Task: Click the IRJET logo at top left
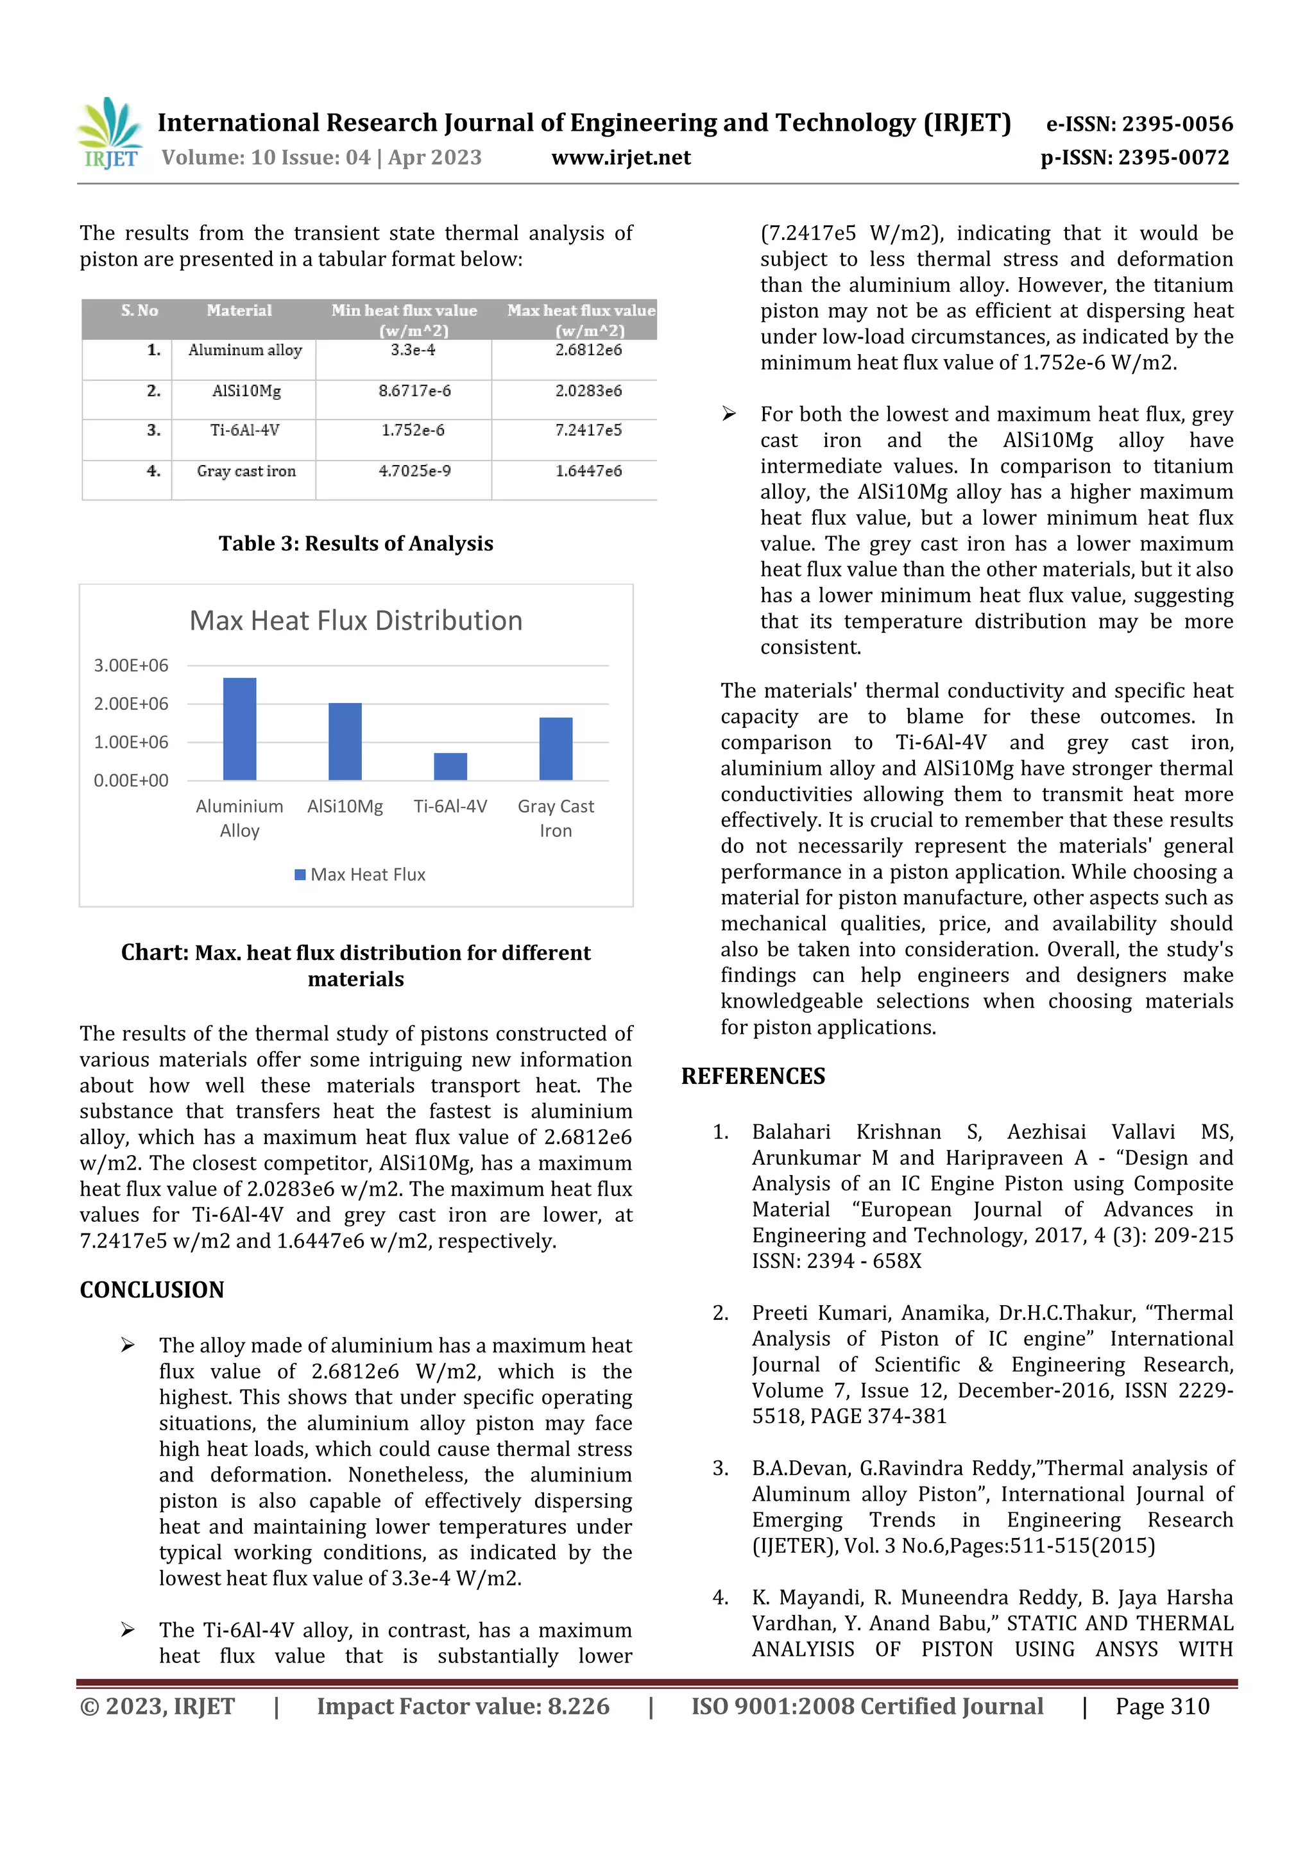(111, 133)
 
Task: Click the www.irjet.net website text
(621, 158)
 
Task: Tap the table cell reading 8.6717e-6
(414, 391)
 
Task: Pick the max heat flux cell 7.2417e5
(588, 430)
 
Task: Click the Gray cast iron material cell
(246, 471)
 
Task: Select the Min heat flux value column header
(404, 319)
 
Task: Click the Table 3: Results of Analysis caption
(355, 544)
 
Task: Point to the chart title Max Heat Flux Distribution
(355, 621)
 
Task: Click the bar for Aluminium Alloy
(240, 729)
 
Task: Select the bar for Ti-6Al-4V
(450, 766)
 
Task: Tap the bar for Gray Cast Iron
(556, 748)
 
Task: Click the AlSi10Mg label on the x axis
(345, 807)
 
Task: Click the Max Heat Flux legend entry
(361, 875)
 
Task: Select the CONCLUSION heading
(151, 1290)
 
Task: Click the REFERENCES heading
(753, 1076)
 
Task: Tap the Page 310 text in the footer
(1162, 1707)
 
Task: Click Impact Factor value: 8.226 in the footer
(463, 1707)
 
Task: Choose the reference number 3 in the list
(721, 1469)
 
